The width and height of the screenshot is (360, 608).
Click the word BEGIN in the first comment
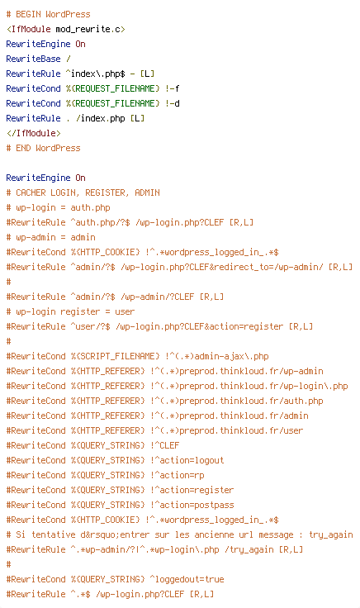(28, 14)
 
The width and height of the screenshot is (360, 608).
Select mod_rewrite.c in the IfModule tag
(88, 30)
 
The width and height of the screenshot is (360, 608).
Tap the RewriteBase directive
(33, 59)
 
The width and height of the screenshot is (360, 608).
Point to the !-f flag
(172, 88)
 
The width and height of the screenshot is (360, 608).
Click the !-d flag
(172, 103)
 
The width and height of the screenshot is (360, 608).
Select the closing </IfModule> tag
(33, 133)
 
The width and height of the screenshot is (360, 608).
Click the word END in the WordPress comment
(23, 148)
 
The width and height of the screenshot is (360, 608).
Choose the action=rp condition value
(182, 475)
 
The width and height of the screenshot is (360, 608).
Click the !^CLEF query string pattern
(164, 445)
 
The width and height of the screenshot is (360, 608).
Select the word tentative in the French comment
(53, 534)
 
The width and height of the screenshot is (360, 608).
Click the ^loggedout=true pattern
(187, 579)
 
